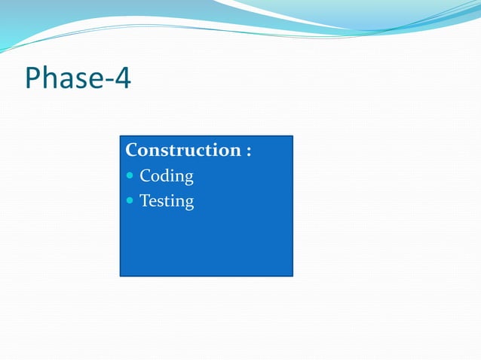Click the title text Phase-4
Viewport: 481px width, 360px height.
point(78,78)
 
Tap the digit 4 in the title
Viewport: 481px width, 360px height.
point(122,78)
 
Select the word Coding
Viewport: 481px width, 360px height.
point(167,177)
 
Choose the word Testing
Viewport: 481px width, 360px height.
point(167,202)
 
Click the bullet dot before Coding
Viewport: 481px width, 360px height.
point(130,176)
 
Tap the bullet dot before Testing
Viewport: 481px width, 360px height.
point(130,201)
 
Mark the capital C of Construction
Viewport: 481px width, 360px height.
point(132,150)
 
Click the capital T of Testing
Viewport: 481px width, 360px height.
point(145,201)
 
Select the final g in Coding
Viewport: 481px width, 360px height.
point(188,179)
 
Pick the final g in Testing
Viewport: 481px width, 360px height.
point(188,204)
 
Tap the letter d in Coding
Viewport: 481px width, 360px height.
point(164,176)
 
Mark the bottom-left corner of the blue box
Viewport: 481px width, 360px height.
point(121,276)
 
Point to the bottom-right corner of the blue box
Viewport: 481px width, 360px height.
point(292,276)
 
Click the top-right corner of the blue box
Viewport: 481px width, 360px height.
point(292,136)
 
